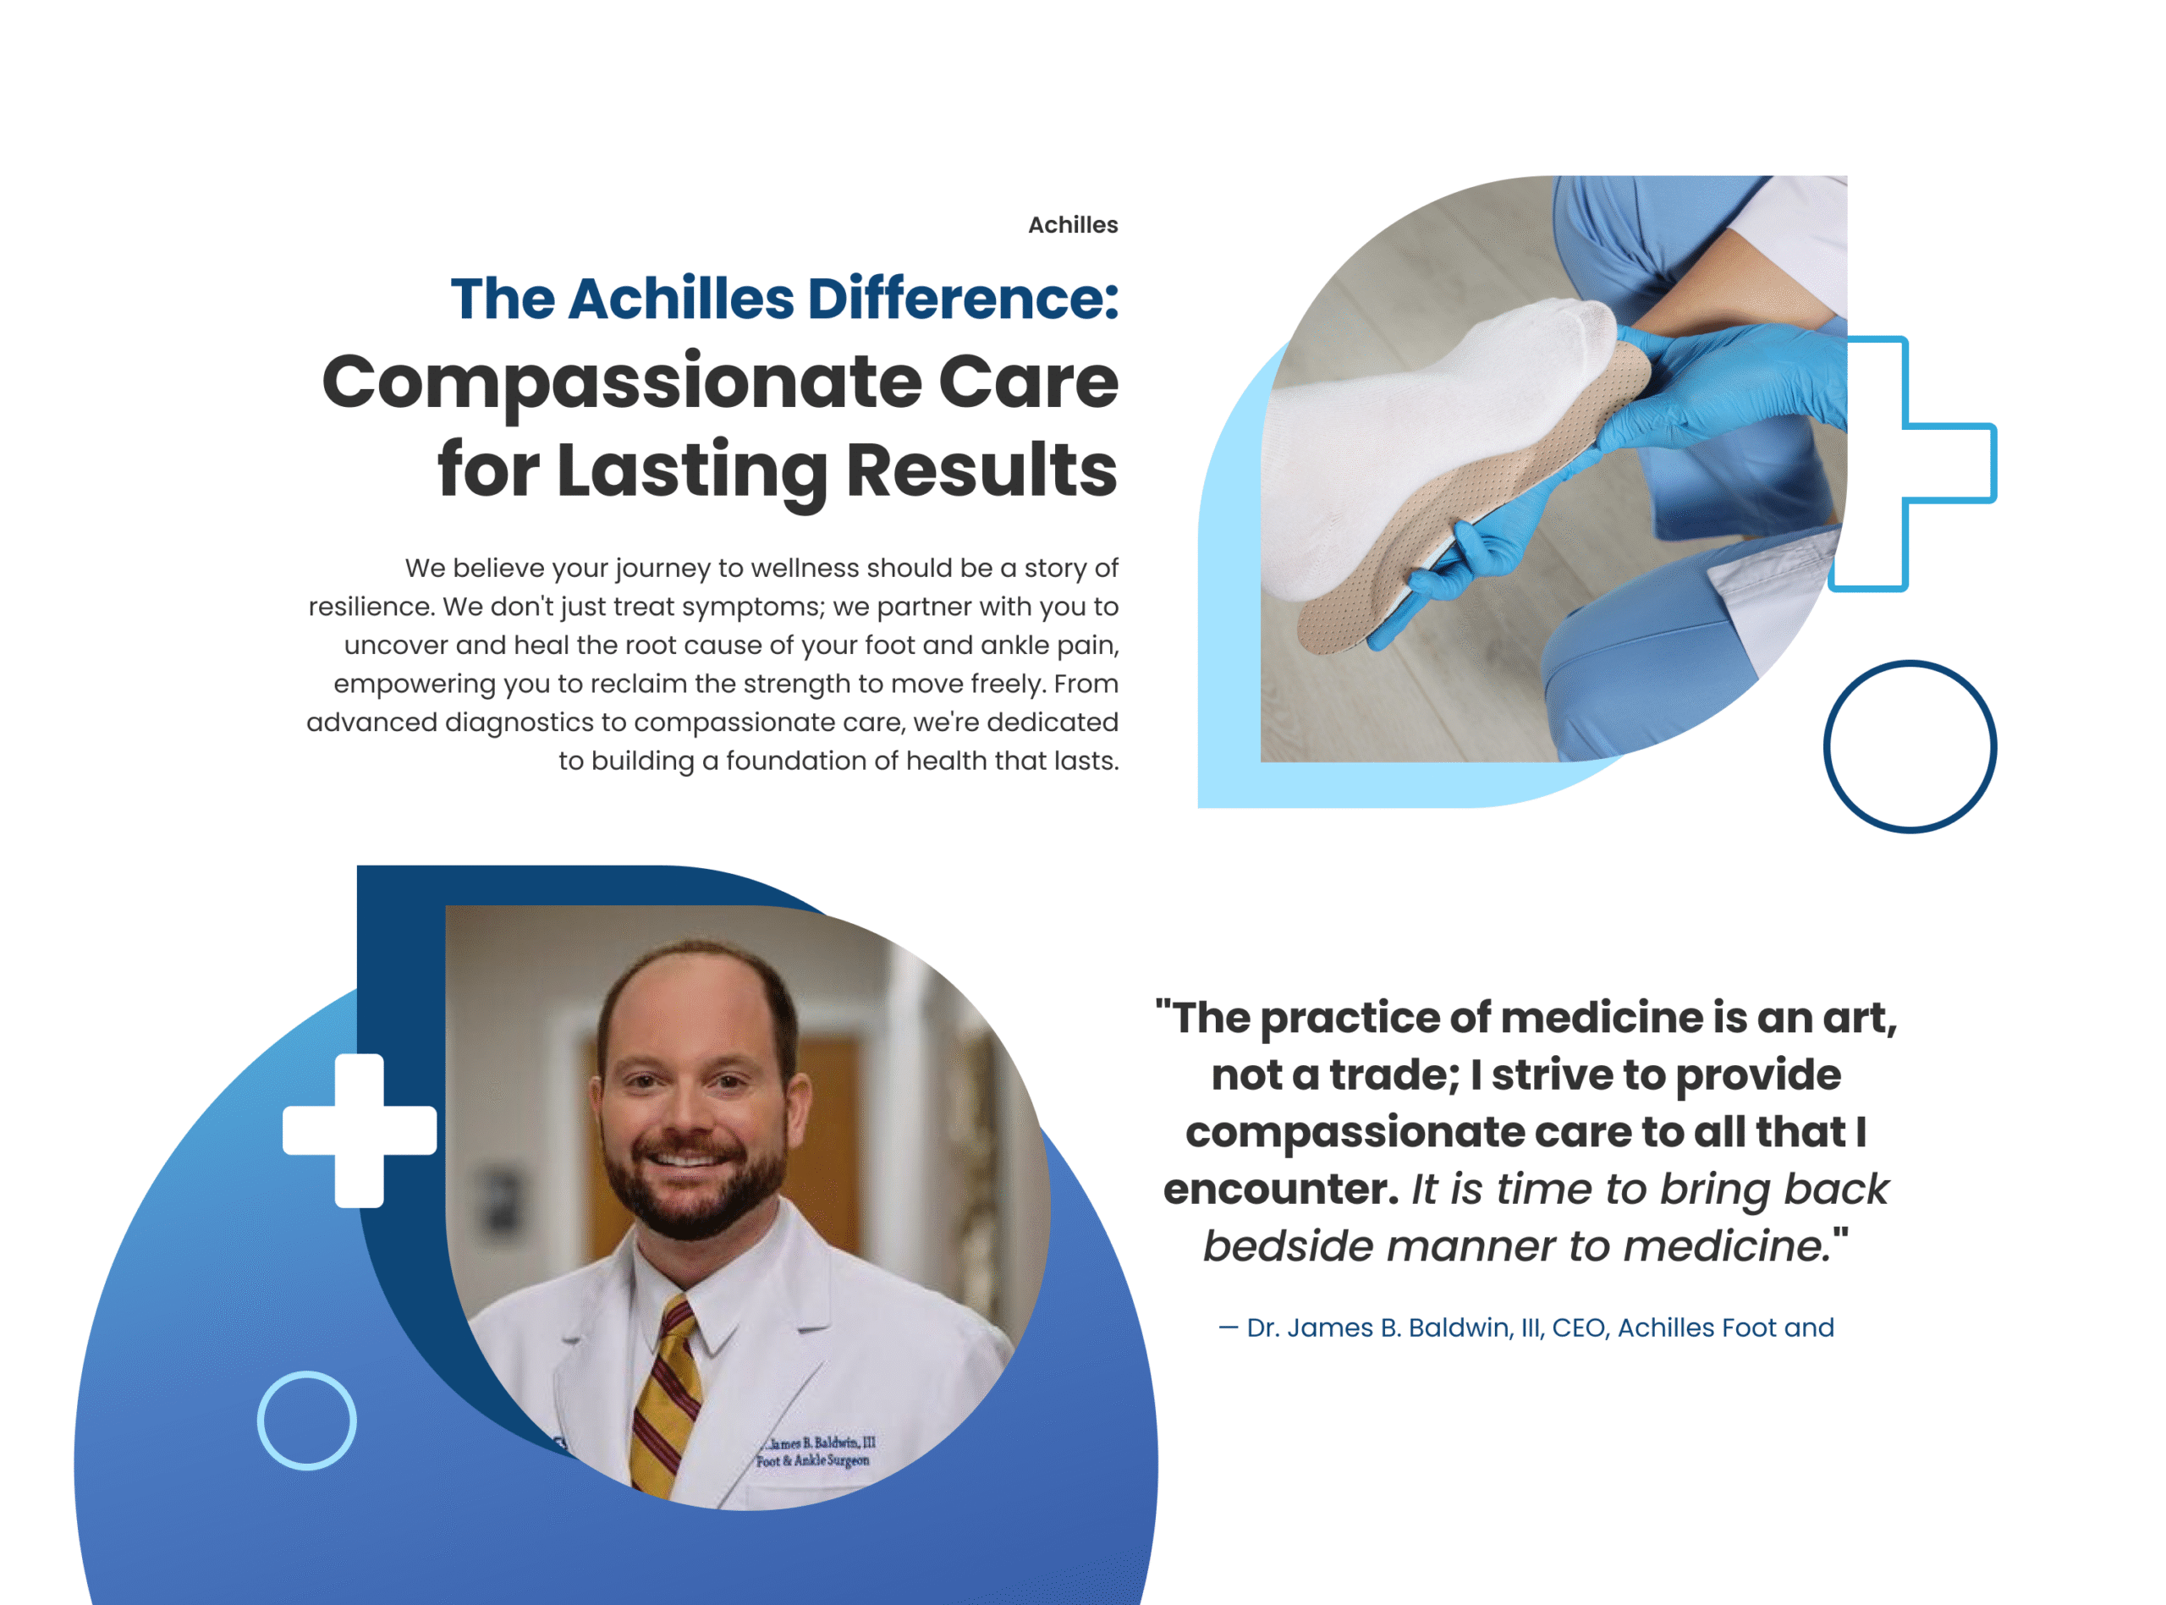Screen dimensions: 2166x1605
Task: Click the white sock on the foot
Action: (1418, 447)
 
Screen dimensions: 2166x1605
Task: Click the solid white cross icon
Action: (360, 1130)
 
